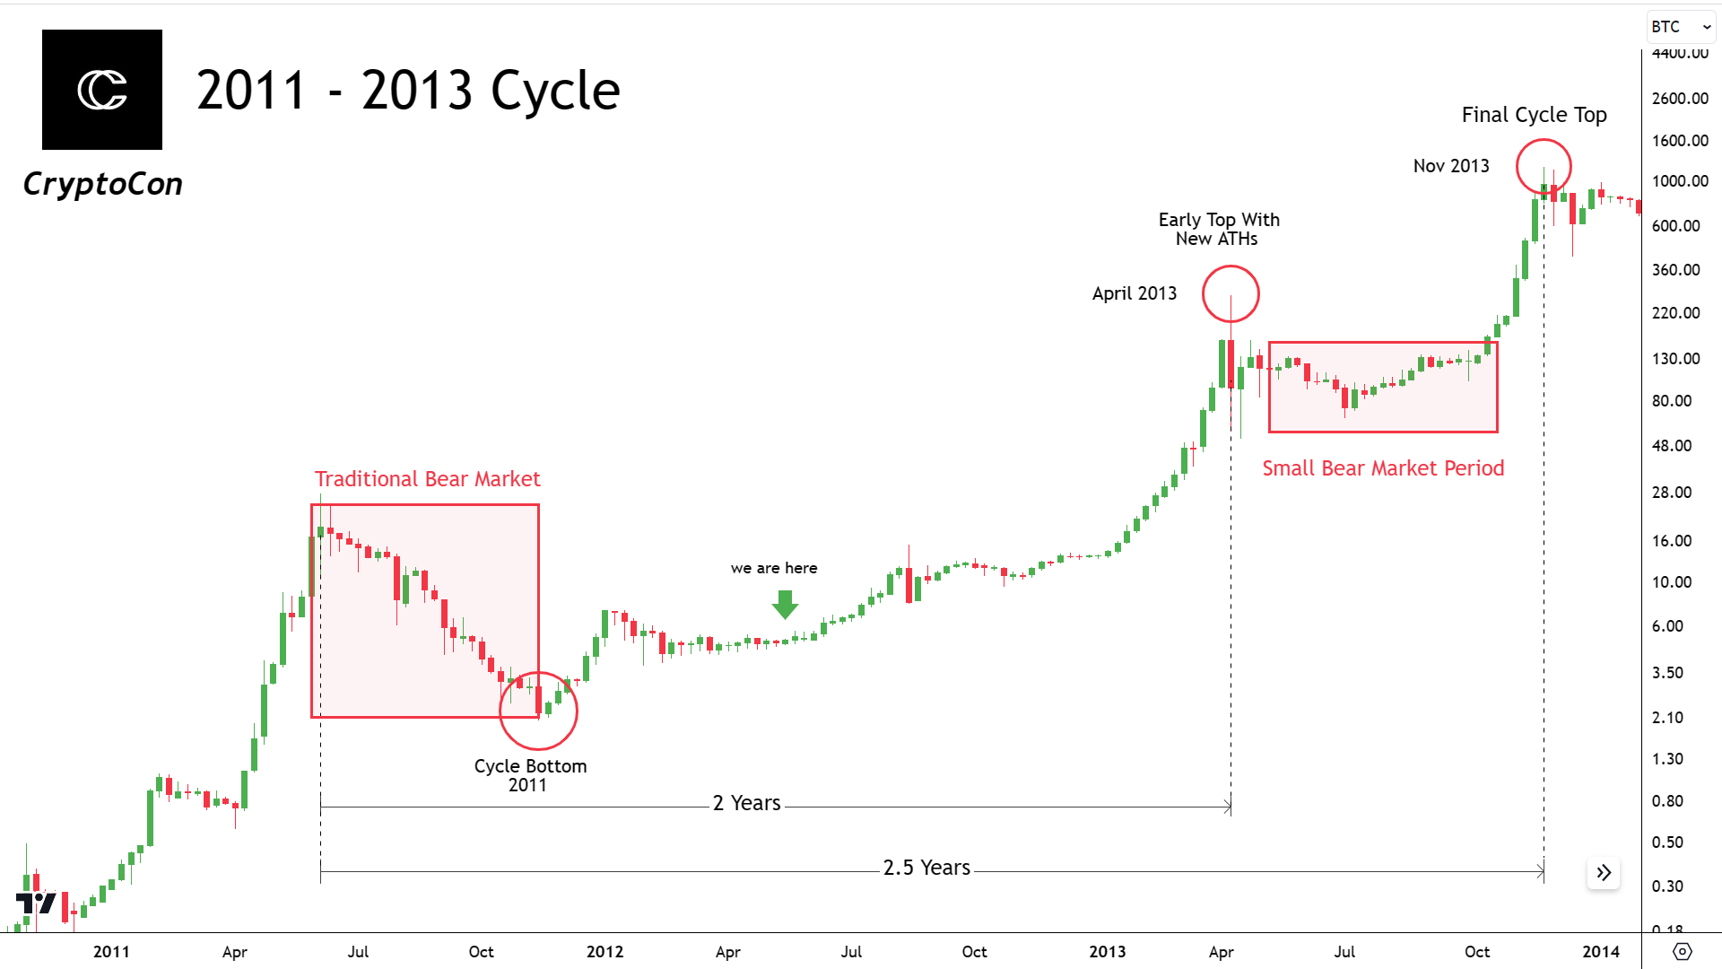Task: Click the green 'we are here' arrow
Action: [785, 604]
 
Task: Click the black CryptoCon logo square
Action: [102, 90]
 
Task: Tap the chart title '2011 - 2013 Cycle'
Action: [408, 91]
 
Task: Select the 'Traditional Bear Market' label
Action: [427, 479]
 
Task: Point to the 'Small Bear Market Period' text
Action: [1383, 468]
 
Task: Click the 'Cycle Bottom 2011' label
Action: [530, 775]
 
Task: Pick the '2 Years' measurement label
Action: [746, 803]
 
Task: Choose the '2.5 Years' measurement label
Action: [926, 868]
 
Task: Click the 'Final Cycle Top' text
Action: [1534, 115]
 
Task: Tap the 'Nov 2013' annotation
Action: [1451, 166]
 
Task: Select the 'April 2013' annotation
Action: [1134, 293]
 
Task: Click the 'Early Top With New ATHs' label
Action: [1218, 229]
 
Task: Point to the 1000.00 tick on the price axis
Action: [1680, 181]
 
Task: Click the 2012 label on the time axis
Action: [604, 952]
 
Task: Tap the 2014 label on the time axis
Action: [1601, 952]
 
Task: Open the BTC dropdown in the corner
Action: [1681, 27]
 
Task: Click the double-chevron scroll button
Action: [1604, 873]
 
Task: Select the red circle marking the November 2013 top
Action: [1544, 167]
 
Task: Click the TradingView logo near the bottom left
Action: [36, 903]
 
